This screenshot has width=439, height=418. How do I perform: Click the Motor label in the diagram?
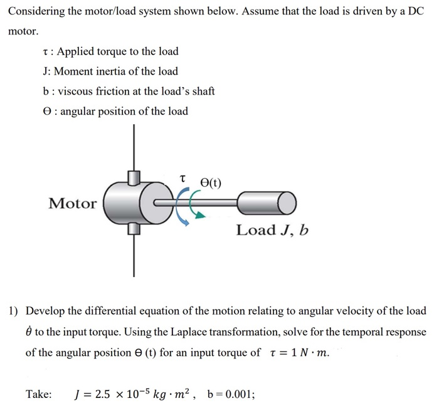pos(73,203)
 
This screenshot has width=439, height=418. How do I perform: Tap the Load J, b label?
pos(272,230)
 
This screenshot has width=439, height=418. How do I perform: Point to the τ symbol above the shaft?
pos(182,179)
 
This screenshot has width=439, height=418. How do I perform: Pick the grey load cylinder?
pos(267,202)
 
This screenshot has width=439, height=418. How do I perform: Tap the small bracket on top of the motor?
pos(133,178)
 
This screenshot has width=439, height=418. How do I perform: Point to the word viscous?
pos(76,91)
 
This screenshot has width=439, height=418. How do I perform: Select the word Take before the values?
pos(39,395)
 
